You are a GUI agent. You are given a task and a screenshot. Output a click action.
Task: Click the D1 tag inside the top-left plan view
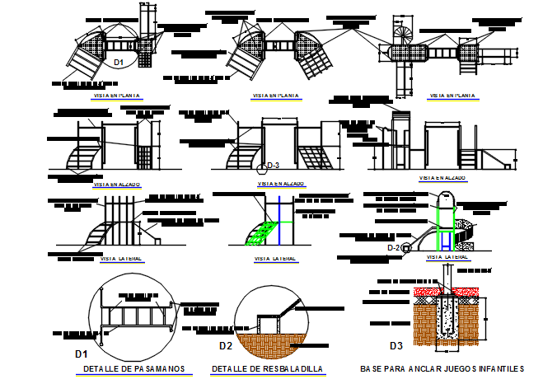point(119,62)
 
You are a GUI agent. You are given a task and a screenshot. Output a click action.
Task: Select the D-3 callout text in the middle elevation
point(274,166)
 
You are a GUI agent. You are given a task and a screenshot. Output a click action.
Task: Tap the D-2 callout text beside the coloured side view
point(393,247)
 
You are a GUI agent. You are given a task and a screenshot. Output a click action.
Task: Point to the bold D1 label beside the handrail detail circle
point(81,354)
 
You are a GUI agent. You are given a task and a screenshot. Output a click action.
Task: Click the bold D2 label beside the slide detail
point(226,346)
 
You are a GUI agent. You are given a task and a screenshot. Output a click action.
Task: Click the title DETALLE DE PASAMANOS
point(133,368)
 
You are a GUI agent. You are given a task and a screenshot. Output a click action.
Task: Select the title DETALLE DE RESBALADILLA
point(267,368)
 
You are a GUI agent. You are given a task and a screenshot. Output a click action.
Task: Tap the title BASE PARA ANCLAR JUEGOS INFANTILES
point(442,368)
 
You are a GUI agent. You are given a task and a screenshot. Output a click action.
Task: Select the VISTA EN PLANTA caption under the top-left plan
point(119,96)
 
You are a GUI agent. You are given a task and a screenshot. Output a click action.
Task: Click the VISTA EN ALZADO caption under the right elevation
point(442,177)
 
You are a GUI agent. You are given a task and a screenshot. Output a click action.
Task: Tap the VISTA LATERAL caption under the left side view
point(121,258)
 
